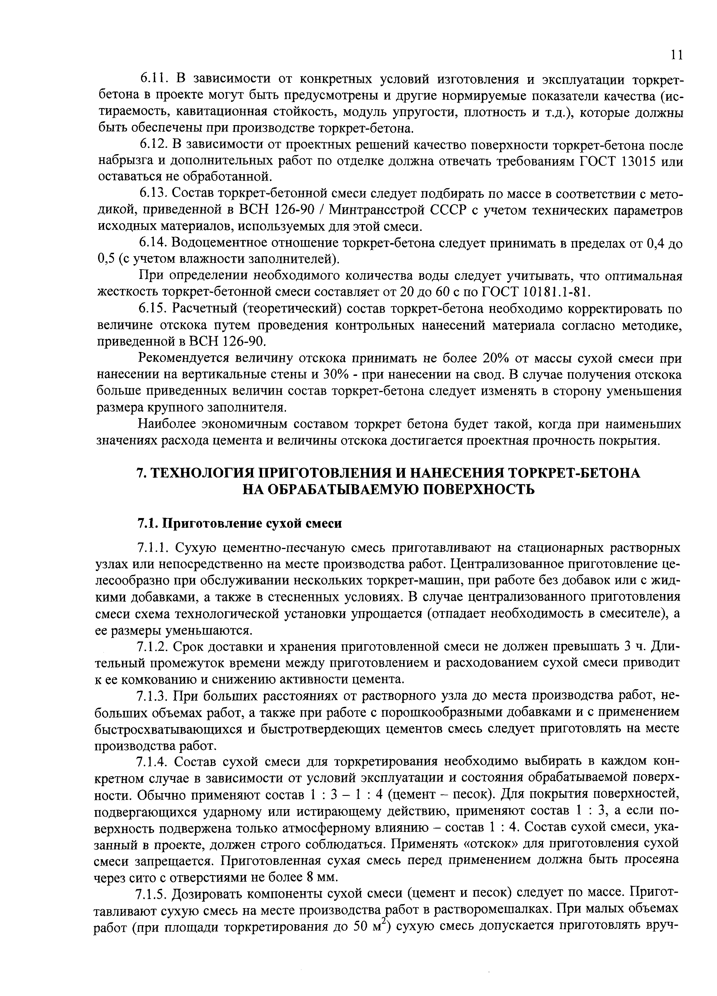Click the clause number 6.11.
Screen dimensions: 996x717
coord(152,80)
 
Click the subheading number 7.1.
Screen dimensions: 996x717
coord(148,524)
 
